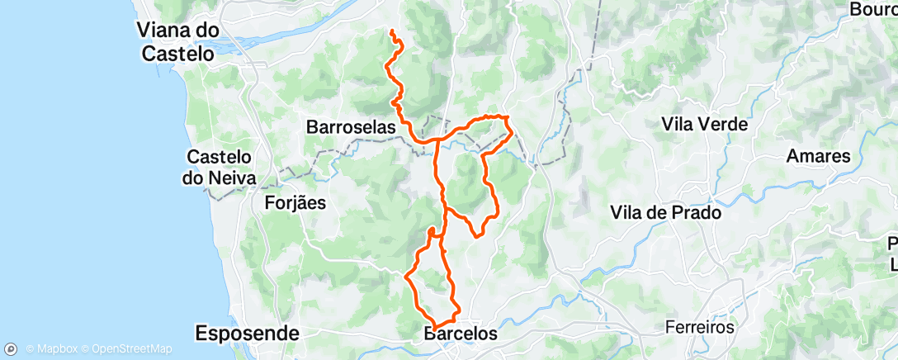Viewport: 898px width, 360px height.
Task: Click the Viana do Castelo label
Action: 178,42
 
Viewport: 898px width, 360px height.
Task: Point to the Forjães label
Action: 295,202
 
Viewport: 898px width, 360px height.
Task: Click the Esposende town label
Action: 247,334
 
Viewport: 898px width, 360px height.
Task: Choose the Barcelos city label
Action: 461,334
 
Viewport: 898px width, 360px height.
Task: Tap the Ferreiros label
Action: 701,328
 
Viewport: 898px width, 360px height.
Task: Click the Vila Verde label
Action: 704,125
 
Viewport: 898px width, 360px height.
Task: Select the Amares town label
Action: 818,156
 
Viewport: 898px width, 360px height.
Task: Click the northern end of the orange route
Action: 391,31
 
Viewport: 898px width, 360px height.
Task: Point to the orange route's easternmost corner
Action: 512,130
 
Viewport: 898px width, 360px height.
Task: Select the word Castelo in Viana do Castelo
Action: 178,54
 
